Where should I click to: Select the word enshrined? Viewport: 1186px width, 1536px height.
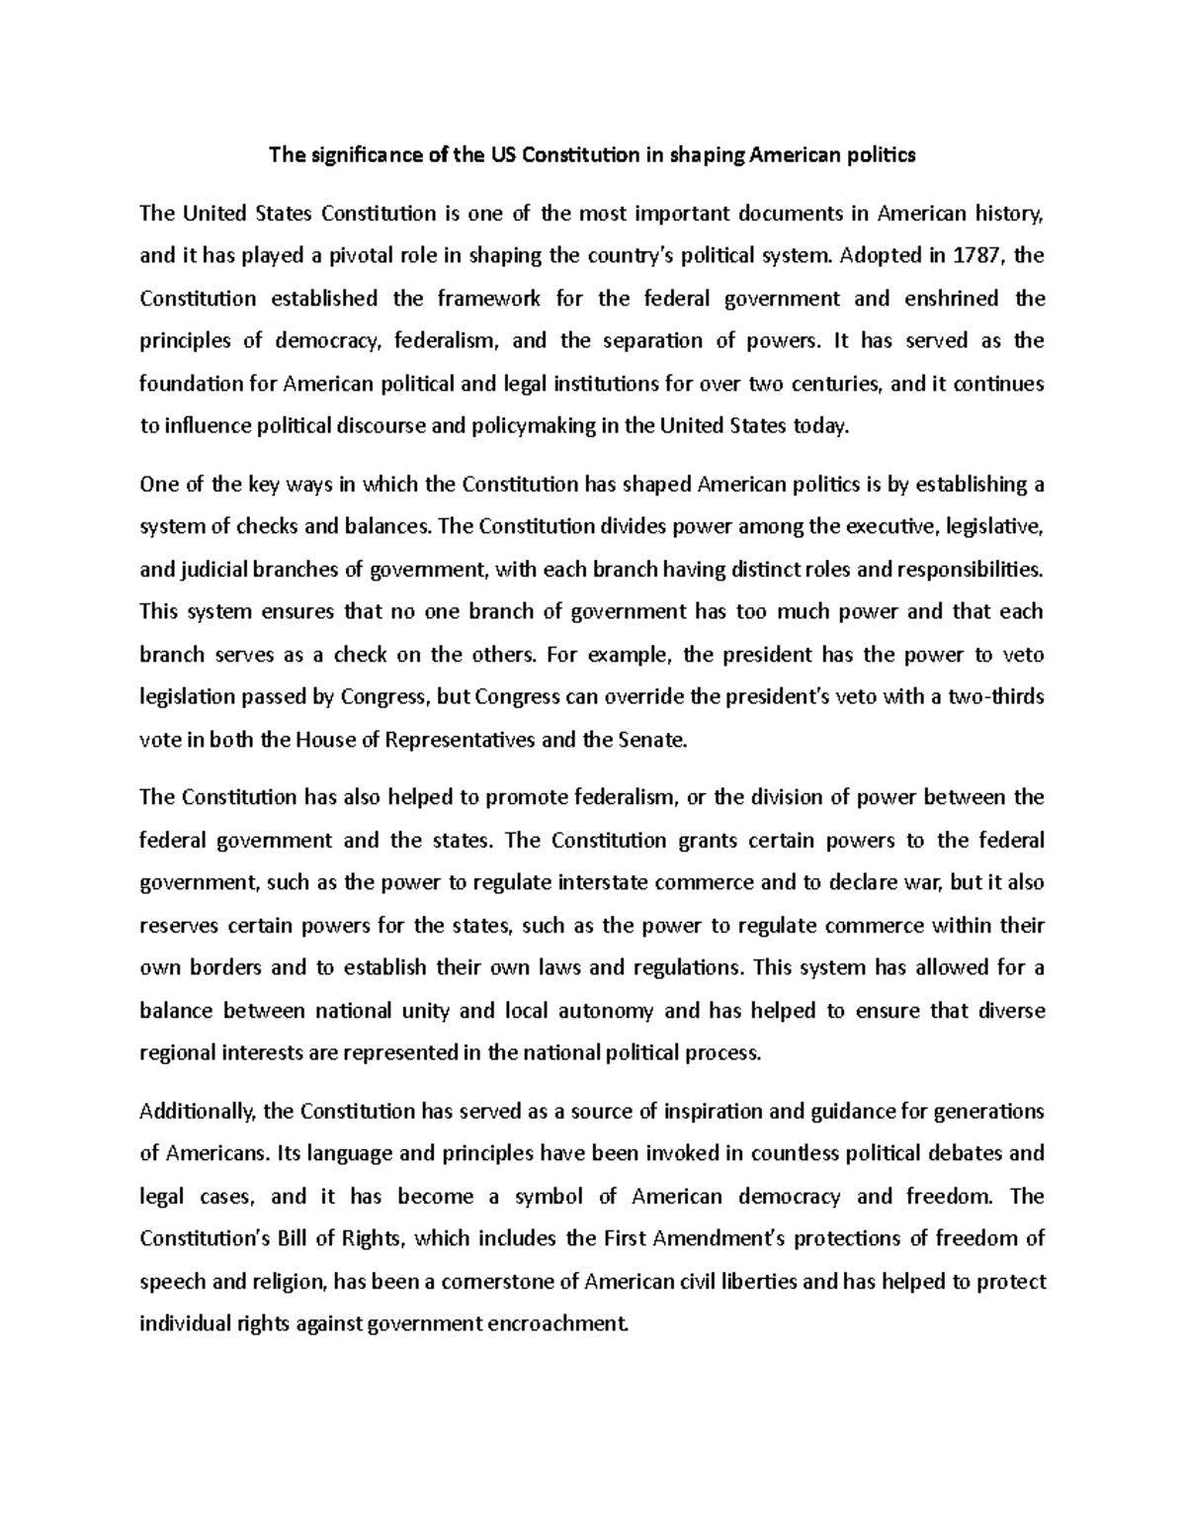[950, 299]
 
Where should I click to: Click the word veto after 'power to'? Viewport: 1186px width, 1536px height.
[1023, 655]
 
